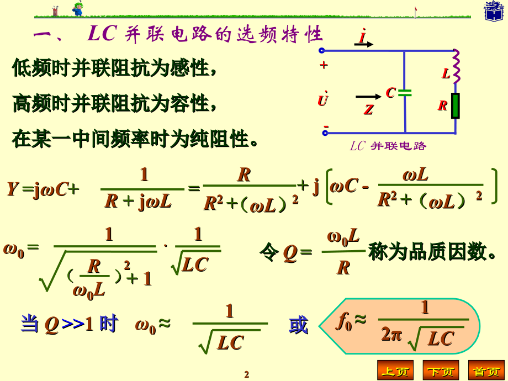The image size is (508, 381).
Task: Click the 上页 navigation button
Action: pos(395,370)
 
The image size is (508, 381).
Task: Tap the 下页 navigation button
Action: pos(441,370)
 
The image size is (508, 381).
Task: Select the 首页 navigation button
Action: pos(486,370)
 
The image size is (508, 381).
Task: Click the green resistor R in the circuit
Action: pos(456,105)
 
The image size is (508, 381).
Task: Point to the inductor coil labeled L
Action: pos(456,67)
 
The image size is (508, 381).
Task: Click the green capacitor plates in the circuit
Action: pos(405,93)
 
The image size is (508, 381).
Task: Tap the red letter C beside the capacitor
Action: pos(390,93)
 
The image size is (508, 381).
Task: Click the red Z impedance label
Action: pos(369,110)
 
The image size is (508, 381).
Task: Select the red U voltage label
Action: pos(322,99)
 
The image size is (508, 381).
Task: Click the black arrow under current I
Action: pos(363,44)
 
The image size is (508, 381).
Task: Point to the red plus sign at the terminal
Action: pos(324,65)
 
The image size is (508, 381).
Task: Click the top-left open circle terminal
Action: pos(322,50)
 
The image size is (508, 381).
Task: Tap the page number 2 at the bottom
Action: pos(247,374)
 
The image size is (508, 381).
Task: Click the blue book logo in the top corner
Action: pos(494,11)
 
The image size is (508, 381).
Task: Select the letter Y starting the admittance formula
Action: pos(13,189)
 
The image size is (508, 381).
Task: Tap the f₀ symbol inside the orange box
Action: pos(344,322)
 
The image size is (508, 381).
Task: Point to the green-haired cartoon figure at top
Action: pos(78,8)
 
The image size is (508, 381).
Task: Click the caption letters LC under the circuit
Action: pos(358,146)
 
